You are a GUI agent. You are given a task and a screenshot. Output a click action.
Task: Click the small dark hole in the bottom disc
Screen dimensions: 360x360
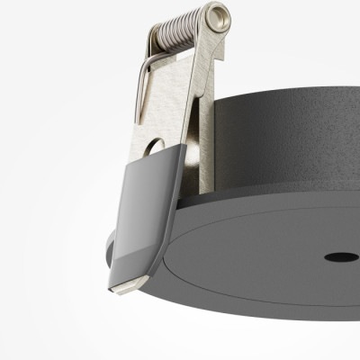click(x=341, y=257)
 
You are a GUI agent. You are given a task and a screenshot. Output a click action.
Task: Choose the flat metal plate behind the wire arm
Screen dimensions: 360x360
click(x=175, y=99)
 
